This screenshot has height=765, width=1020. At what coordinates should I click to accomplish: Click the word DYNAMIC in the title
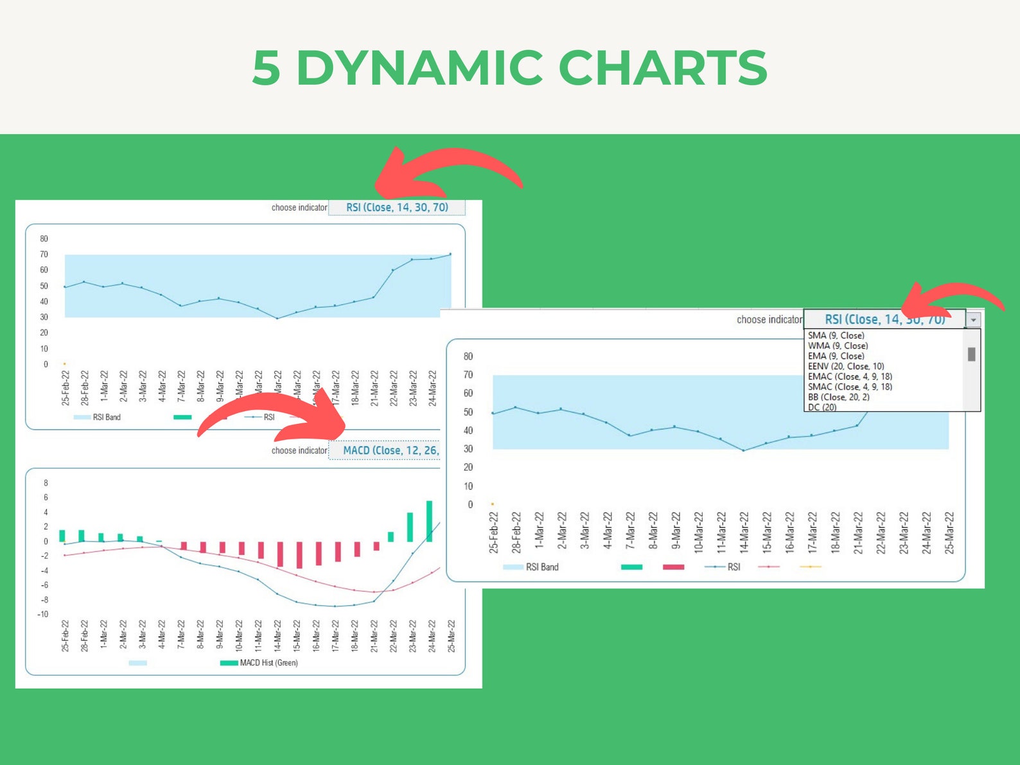pos(419,67)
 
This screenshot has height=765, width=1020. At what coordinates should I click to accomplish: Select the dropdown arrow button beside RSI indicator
pos(974,320)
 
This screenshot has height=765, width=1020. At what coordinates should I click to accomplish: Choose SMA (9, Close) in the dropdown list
pos(836,335)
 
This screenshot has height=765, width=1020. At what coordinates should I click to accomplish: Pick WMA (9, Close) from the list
pos(838,346)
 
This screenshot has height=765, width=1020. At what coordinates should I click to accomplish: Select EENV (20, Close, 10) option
pos(845,366)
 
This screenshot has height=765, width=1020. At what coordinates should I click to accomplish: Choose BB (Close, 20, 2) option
pos(838,397)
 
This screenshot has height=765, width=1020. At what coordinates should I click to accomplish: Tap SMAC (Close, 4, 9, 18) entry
pos(849,387)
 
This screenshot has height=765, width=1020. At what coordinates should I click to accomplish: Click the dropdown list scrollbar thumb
pos(971,354)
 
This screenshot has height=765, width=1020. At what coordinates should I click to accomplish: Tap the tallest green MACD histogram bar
pos(429,521)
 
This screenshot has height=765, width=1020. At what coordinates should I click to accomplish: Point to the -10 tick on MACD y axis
pos(42,614)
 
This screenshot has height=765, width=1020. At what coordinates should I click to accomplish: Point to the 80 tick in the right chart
pos(468,356)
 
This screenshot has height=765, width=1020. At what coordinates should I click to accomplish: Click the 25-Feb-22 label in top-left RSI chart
pos(66,388)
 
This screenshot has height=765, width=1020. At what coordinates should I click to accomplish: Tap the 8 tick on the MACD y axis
pos(46,483)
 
